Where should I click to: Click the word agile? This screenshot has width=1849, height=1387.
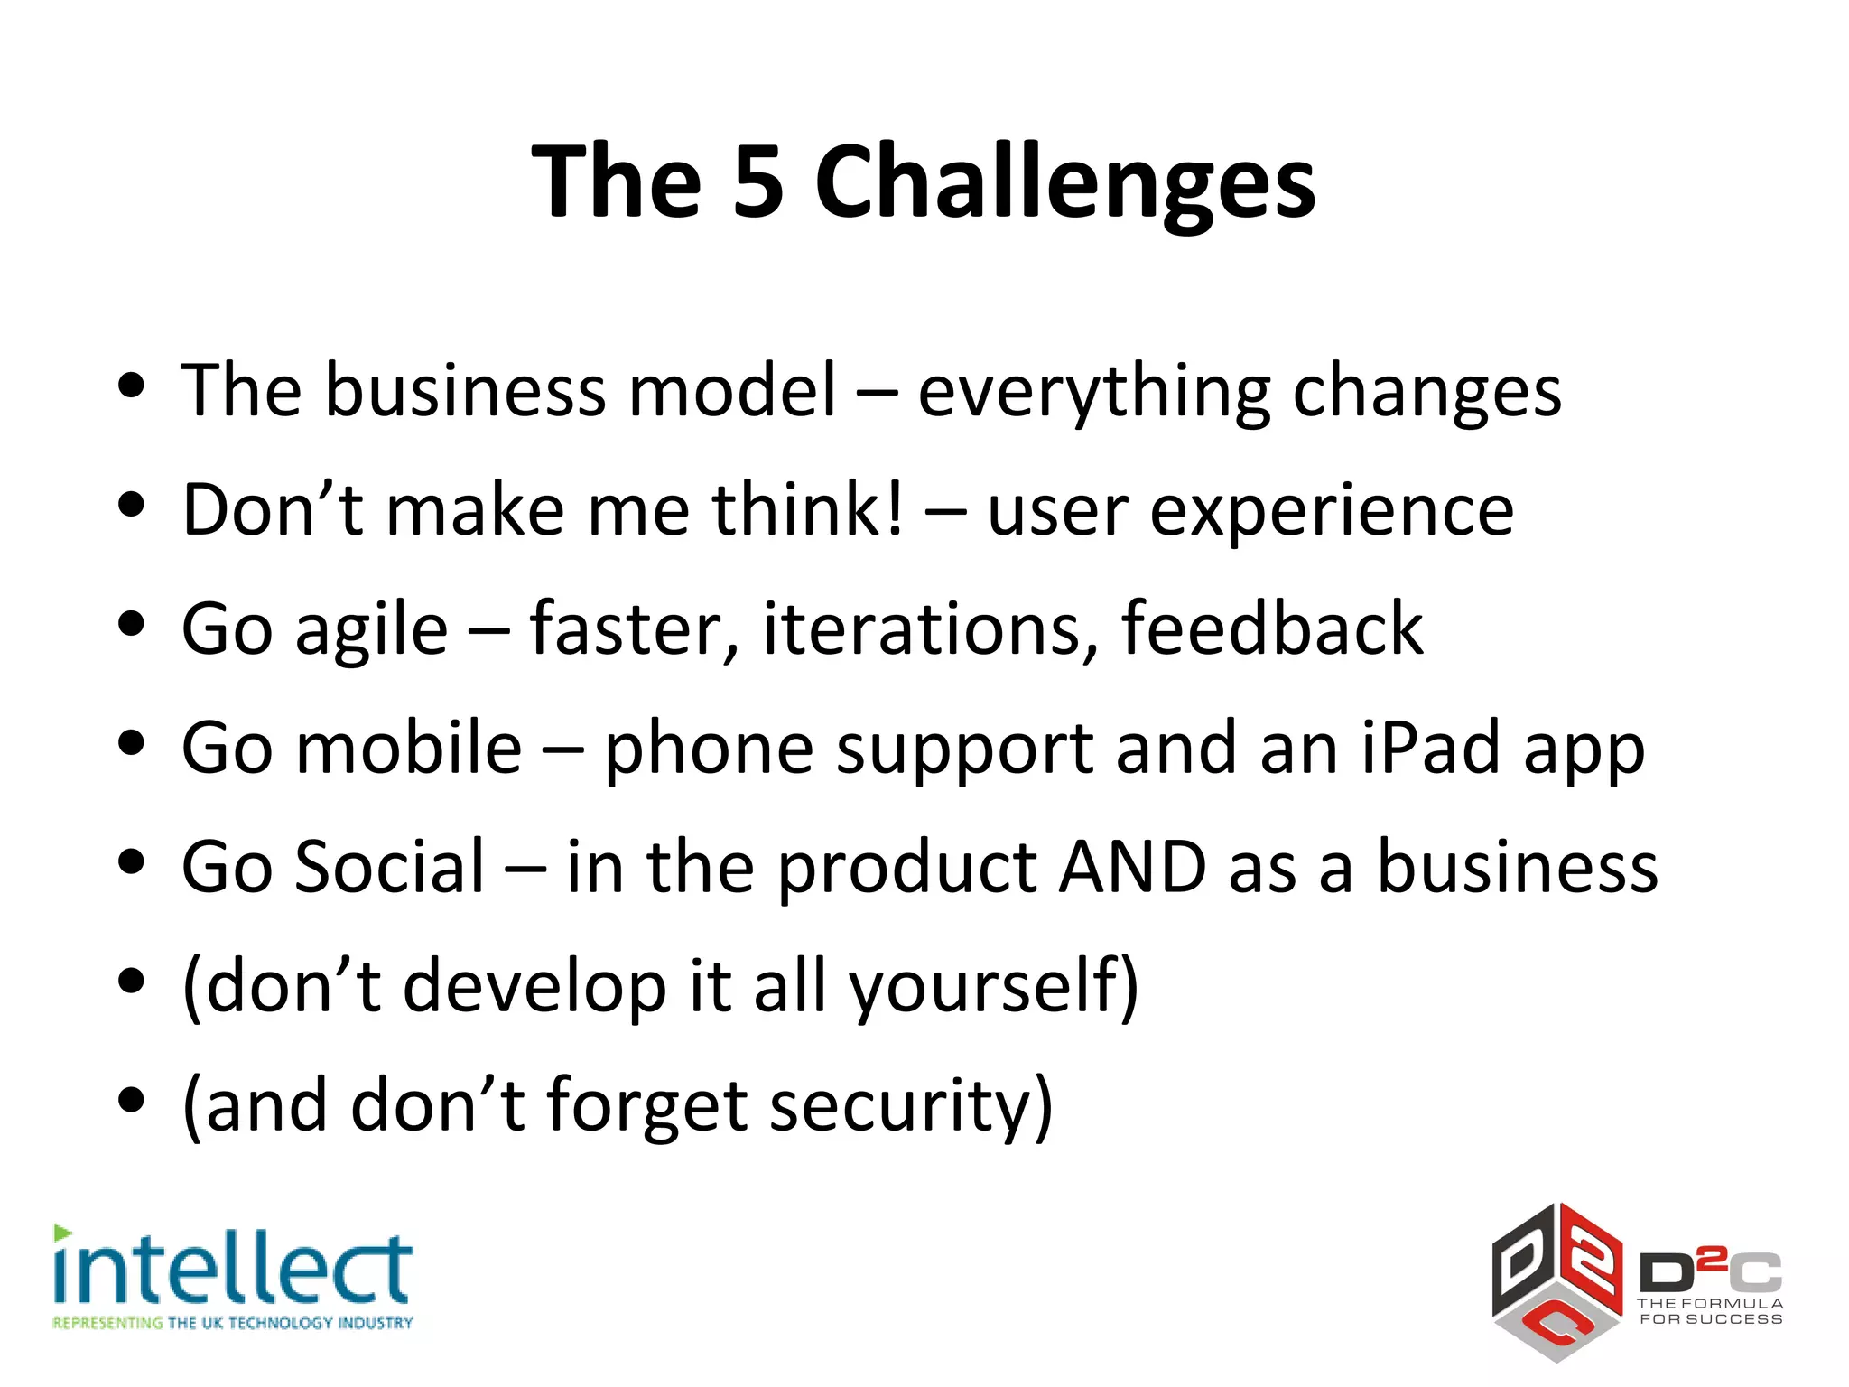click(x=371, y=630)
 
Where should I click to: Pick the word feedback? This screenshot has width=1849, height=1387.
click(x=1271, y=628)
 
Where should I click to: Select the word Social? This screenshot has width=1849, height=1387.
click(x=390, y=867)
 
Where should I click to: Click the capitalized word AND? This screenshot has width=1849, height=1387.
click(x=1132, y=867)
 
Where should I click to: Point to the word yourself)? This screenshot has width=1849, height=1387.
click(x=993, y=986)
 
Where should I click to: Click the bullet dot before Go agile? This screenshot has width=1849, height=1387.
click(x=132, y=624)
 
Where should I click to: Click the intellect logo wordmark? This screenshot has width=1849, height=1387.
click(x=233, y=1269)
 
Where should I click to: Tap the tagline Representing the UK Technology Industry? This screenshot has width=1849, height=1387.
click(x=233, y=1323)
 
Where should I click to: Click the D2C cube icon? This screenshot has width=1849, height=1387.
click(x=1556, y=1282)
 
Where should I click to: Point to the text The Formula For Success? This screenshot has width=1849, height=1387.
click(x=1710, y=1311)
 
